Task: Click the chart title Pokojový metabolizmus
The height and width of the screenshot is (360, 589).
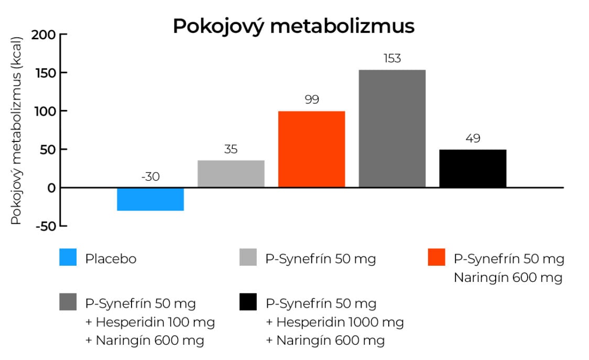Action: pyautogui.click(x=293, y=26)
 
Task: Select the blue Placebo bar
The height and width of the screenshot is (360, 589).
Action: pyautogui.click(x=150, y=199)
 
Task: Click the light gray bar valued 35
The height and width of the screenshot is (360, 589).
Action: pyautogui.click(x=231, y=173)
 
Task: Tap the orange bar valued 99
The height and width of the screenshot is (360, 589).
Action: pyautogui.click(x=311, y=149)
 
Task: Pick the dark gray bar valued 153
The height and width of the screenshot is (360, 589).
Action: pyautogui.click(x=392, y=128)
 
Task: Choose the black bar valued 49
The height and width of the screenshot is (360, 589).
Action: pyautogui.click(x=473, y=168)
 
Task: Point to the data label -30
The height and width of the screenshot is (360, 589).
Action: pyautogui.click(x=150, y=177)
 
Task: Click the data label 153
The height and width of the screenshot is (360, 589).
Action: pyautogui.click(x=392, y=59)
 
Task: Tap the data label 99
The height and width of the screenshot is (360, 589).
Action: pyautogui.click(x=311, y=100)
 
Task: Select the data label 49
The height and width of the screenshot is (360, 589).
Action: pyautogui.click(x=473, y=139)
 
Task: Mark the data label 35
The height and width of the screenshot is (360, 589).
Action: pyautogui.click(x=231, y=149)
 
